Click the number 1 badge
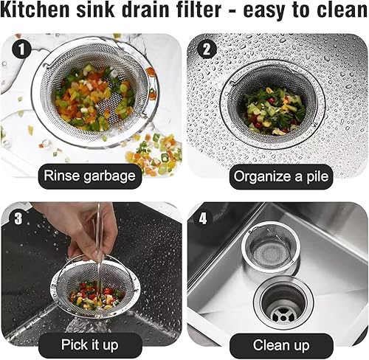21,49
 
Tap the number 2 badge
207,49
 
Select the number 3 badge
18,218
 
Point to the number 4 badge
203,218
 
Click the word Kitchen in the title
35,10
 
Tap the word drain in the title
145,10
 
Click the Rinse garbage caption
90,176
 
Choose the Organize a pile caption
281,177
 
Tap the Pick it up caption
90,345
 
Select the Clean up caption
281,345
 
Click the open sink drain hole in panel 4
283,305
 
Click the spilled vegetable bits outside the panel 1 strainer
154,153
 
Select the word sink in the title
96,10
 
